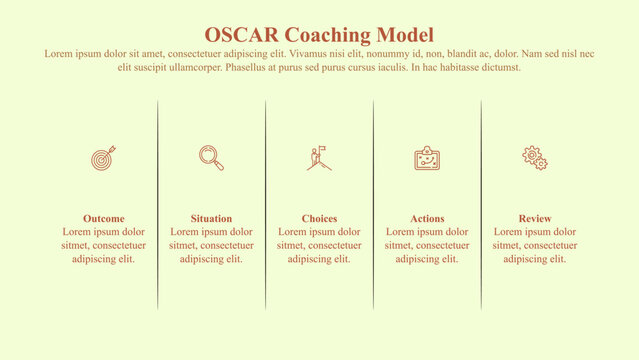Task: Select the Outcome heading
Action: (104, 218)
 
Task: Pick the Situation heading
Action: (211, 218)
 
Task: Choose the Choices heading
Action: (319, 218)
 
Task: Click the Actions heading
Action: (427, 218)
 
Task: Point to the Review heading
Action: (535, 218)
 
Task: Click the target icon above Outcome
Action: (104, 158)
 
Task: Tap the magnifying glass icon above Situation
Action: (211, 158)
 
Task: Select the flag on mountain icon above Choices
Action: (319, 158)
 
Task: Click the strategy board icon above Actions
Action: (427, 158)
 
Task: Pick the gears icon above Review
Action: (535, 157)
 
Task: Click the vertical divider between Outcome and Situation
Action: (158, 205)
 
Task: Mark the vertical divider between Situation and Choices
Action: (266, 205)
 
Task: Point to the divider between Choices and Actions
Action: (374, 205)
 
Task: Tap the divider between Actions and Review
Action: (481, 205)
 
